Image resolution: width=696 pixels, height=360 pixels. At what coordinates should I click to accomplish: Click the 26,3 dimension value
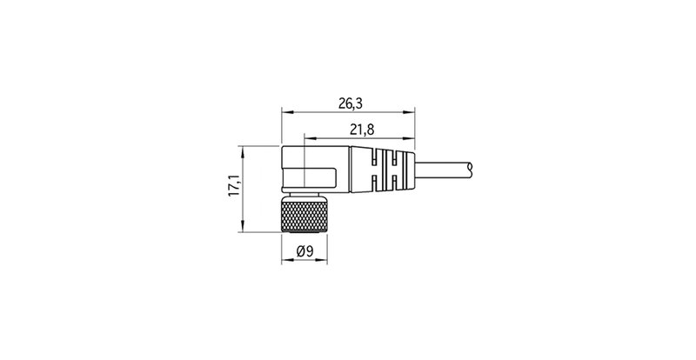tap(350, 103)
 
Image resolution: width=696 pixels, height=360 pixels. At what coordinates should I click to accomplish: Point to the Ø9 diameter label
tap(305, 252)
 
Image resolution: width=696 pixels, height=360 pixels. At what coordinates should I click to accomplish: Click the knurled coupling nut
tap(305, 214)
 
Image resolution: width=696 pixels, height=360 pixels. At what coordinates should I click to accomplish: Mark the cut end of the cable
tap(470, 166)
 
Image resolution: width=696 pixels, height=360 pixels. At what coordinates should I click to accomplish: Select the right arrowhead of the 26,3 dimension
tap(412, 111)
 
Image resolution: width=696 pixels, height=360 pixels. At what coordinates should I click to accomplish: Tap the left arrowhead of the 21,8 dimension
tap(307, 137)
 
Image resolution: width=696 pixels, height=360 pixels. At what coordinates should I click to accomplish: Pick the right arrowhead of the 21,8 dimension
tap(412, 137)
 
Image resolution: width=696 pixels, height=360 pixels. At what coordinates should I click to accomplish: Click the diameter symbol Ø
tap(301, 252)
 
